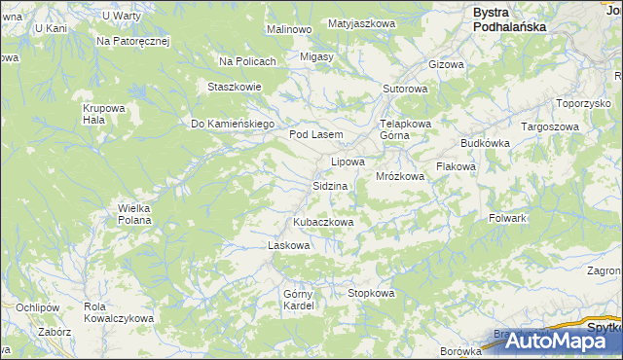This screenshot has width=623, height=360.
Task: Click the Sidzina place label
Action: (330, 185)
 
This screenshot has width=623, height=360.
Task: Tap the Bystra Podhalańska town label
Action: (510, 20)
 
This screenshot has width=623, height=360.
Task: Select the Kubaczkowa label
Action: (322, 222)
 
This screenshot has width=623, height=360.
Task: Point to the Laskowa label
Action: (288, 245)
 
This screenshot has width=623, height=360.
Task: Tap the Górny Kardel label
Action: (297, 300)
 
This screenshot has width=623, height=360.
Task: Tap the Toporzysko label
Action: (582, 102)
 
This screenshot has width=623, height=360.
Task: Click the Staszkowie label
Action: (235, 86)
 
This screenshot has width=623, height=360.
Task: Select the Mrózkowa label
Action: (400, 176)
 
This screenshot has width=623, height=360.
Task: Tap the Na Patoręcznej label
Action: (133, 42)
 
